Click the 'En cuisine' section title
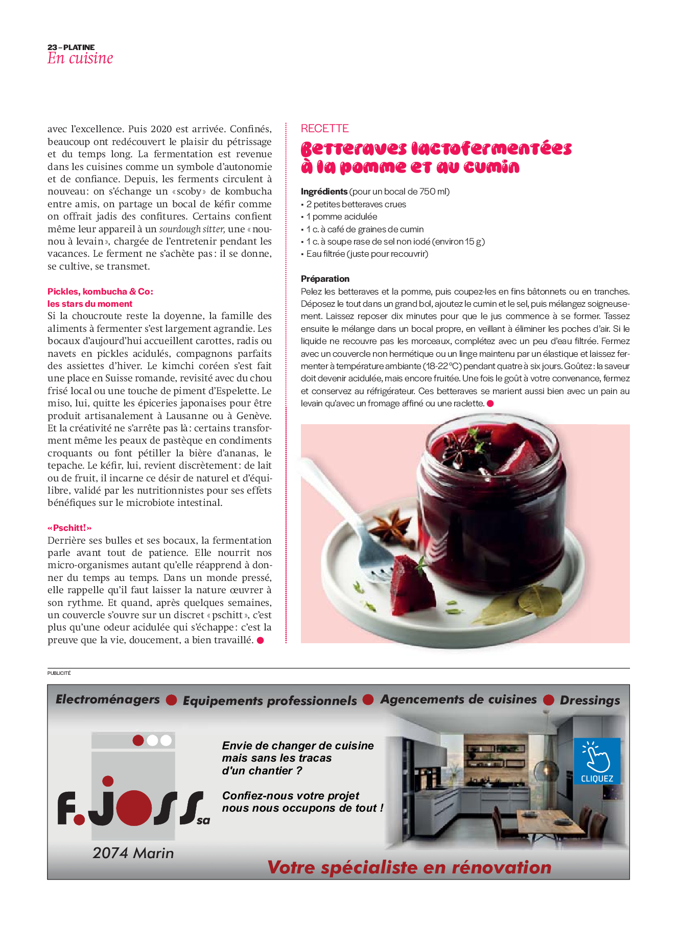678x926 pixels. click(x=80, y=58)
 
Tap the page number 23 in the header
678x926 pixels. click(x=52, y=47)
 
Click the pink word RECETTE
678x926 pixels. click(x=324, y=129)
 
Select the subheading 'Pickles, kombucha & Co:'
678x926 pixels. click(x=100, y=291)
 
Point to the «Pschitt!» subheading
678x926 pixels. click(x=69, y=528)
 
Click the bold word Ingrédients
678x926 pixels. click(x=324, y=191)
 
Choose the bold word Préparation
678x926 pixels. click(x=325, y=279)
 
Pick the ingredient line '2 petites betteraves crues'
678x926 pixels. click(x=356, y=204)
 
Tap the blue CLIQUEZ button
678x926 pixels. click(x=597, y=761)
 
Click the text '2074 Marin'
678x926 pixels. click(x=133, y=853)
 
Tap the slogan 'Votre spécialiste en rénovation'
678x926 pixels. click(x=409, y=867)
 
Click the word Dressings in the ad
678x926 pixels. click(x=590, y=700)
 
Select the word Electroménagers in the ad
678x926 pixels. click(x=108, y=699)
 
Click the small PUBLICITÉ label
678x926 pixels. click(x=59, y=673)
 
